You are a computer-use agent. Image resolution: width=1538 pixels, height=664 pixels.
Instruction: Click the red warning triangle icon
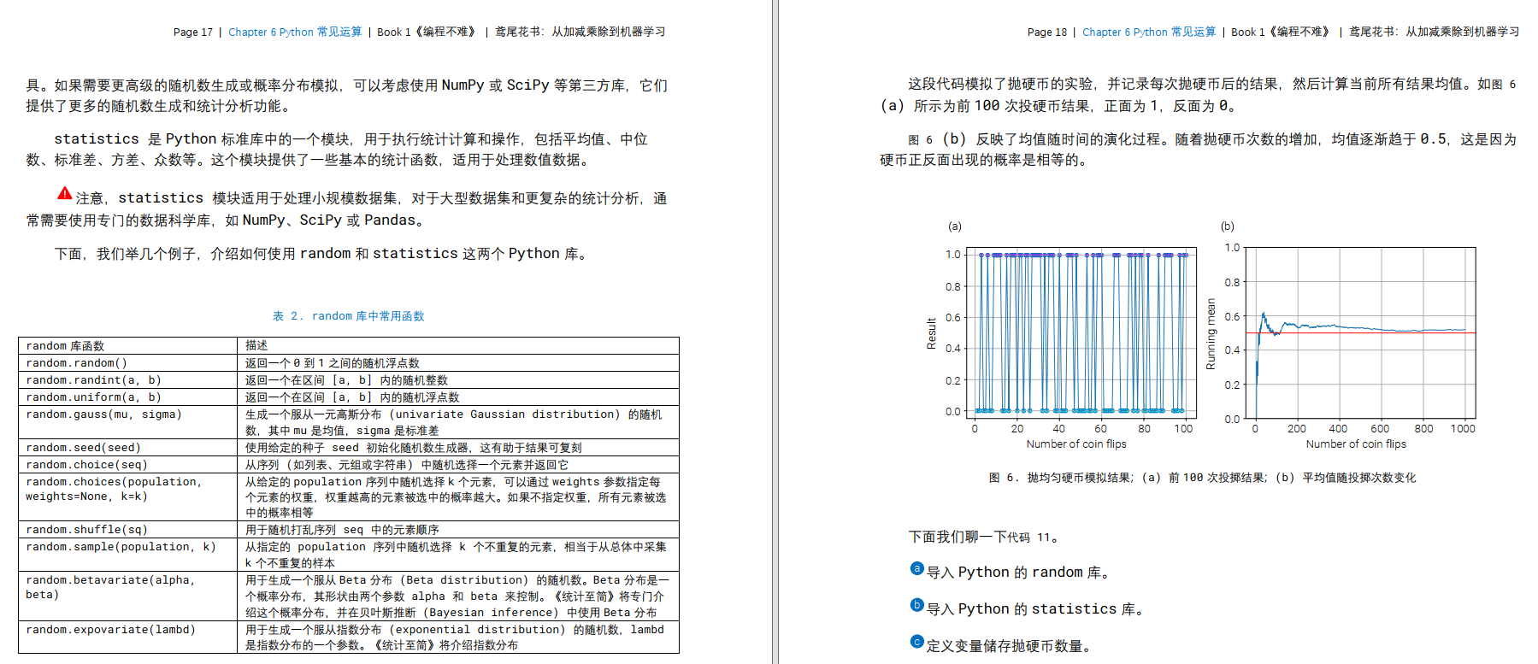(65, 194)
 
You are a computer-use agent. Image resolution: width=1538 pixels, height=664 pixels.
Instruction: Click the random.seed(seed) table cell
(83, 448)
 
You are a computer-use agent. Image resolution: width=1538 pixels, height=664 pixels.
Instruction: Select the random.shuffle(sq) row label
(86, 530)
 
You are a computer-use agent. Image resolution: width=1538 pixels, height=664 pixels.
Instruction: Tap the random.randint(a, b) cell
(93, 380)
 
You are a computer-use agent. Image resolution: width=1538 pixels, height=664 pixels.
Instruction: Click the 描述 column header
(256, 346)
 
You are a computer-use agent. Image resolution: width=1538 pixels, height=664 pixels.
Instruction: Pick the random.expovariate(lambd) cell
(110, 630)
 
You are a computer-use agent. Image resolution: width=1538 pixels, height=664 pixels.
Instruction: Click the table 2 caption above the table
(348, 316)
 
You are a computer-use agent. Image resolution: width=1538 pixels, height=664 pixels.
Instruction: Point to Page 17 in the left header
(192, 32)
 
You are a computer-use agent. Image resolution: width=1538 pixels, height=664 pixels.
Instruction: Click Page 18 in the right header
(1046, 32)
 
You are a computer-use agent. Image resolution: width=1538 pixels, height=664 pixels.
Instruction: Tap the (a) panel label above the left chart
(955, 226)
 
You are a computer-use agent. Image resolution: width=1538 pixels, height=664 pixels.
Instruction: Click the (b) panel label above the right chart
(1228, 226)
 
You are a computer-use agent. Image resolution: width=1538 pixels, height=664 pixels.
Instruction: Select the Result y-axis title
(932, 333)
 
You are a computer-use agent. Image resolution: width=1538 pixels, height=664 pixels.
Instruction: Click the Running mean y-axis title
(1211, 334)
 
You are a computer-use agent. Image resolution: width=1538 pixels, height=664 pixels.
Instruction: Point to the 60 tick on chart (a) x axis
(1100, 429)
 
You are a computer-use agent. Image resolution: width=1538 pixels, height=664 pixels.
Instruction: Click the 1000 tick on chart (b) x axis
(1463, 429)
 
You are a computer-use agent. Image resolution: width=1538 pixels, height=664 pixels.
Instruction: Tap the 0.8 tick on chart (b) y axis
(1232, 283)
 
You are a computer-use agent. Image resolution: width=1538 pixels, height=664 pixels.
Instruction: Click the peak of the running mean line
(1264, 314)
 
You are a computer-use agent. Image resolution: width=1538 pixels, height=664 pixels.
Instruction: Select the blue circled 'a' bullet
(917, 569)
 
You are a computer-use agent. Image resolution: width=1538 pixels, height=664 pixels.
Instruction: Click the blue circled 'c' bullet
(917, 642)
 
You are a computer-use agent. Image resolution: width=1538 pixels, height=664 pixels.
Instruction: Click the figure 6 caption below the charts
(1202, 478)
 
